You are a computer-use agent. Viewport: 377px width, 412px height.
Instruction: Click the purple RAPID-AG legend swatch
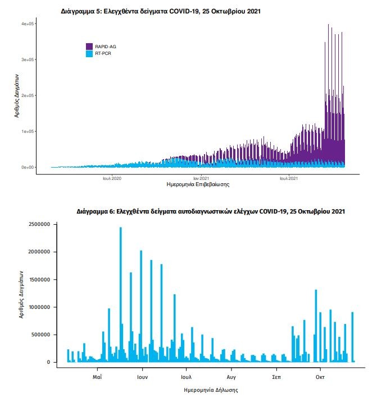[x=89, y=46]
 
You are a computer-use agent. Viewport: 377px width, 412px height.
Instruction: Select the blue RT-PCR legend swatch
[x=89, y=53]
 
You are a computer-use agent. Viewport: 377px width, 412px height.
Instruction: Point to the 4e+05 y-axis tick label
[x=29, y=24]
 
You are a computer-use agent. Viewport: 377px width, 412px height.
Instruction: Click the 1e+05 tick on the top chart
[x=29, y=131]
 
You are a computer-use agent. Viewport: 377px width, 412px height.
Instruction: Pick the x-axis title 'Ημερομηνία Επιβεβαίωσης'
[x=198, y=184]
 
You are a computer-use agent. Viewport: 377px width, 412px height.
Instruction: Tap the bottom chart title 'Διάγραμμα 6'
[x=211, y=212]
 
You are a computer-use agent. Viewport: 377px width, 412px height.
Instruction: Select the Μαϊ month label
[x=97, y=377]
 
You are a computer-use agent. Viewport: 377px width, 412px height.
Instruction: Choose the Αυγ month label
[x=231, y=377]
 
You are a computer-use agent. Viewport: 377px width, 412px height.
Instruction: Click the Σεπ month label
[x=275, y=377]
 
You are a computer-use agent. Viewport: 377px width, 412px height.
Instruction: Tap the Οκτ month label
[x=320, y=377]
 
